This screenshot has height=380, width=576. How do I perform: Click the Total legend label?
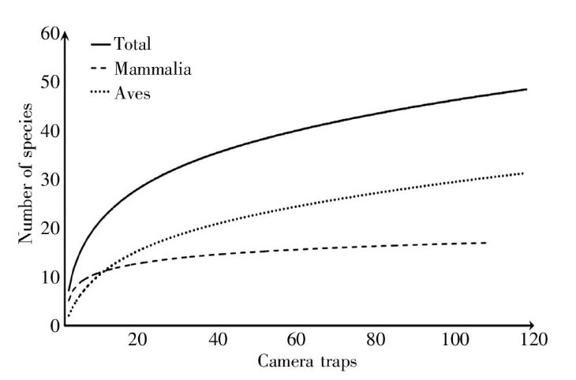[x=133, y=44]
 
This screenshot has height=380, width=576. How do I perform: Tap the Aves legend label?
[x=132, y=94]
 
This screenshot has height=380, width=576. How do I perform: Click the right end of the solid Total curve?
[x=526, y=90]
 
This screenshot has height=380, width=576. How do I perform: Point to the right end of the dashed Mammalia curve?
[x=485, y=243]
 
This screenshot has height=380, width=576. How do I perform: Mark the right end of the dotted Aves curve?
[x=522, y=173]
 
